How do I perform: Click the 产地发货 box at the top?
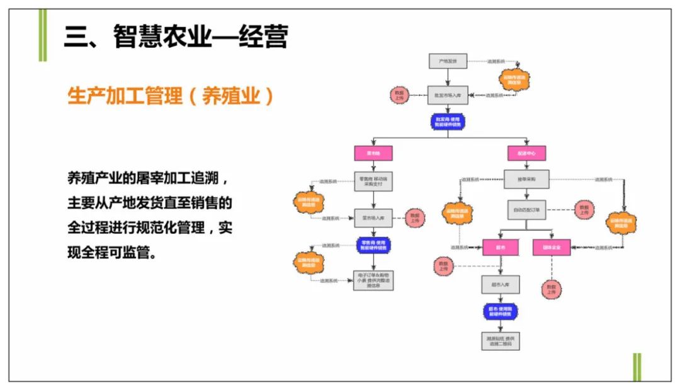(x=448, y=61)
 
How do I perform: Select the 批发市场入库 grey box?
(x=448, y=95)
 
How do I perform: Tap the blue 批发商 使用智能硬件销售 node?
(x=448, y=122)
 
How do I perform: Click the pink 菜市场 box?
(x=373, y=153)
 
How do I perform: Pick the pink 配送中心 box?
(x=526, y=153)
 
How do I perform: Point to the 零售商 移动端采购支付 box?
(x=373, y=181)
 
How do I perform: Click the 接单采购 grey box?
(x=526, y=179)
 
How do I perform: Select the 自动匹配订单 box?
(x=526, y=209)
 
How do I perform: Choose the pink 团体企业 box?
(x=551, y=248)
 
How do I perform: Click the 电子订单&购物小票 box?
(x=373, y=280)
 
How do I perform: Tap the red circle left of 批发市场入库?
(x=399, y=95)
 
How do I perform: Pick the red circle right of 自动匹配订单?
(x=584, y=210)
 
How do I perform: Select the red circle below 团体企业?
(x=551, y=289)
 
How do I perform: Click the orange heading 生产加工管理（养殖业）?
(x=171, y=96)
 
